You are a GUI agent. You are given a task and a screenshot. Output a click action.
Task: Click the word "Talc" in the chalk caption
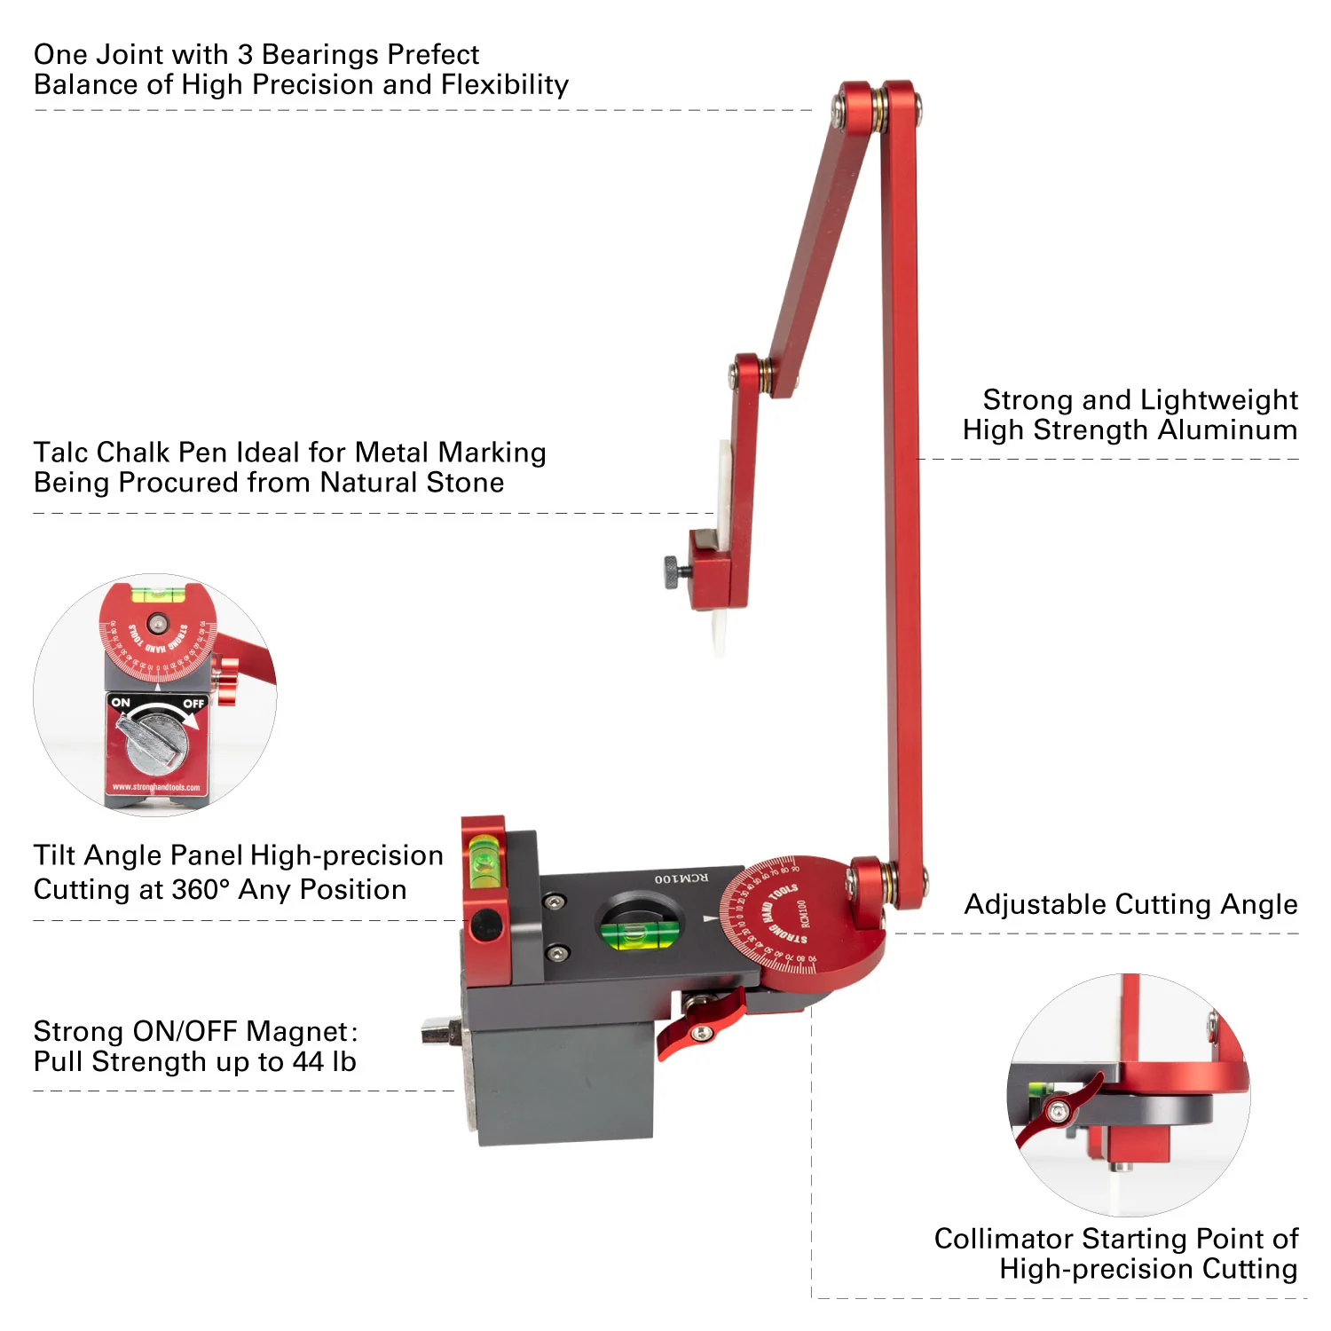(x=61, y=453)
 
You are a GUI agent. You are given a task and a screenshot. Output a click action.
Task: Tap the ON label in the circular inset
(x=121, y=703)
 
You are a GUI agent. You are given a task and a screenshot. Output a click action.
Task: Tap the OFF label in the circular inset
(x=193, y=704)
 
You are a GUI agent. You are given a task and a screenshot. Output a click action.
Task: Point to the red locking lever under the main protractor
(x=700, y=1021)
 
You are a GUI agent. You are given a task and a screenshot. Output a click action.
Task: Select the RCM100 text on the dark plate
(x=681, y=878)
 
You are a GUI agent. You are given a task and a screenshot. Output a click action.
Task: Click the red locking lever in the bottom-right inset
(x=1058, y=1108)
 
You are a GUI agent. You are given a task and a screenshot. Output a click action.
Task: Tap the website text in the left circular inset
(x=156, y=787)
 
